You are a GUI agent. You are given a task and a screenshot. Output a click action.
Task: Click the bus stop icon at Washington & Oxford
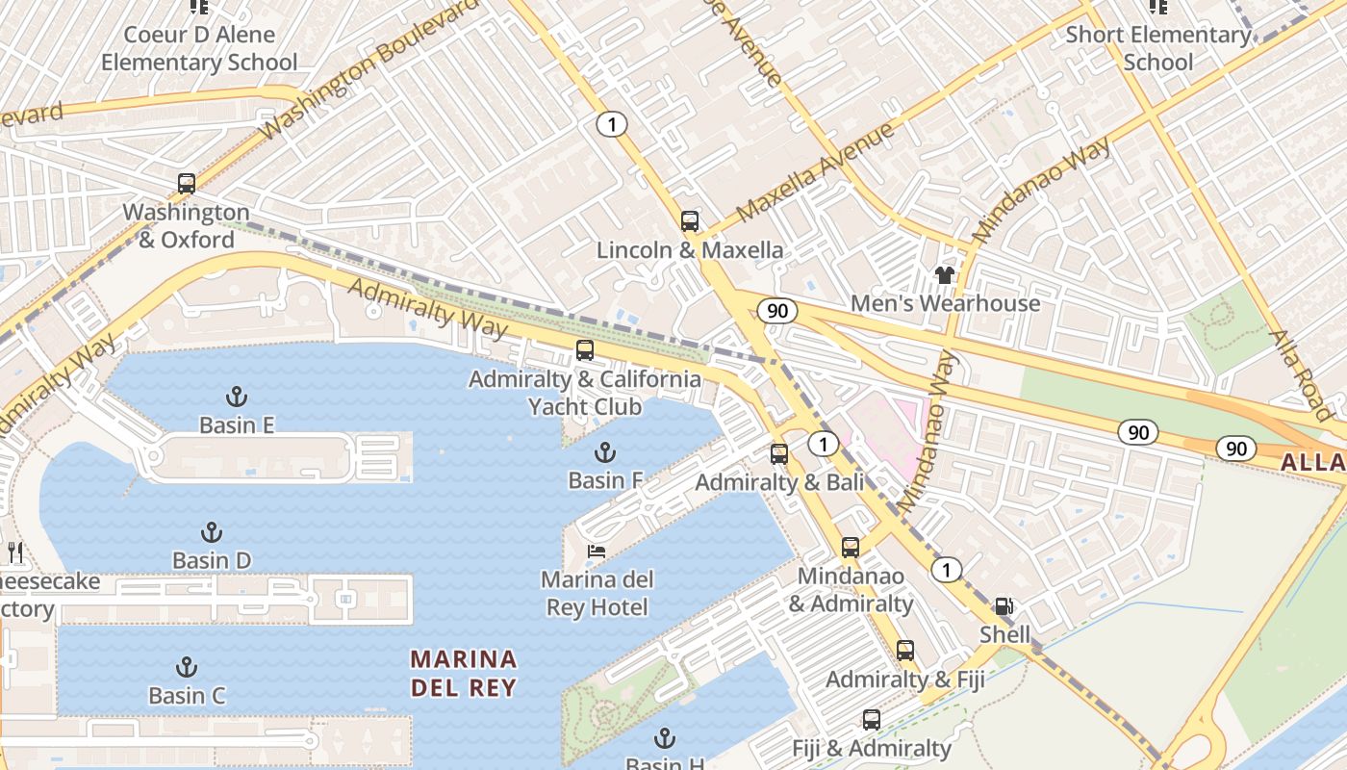(x=187, y=183)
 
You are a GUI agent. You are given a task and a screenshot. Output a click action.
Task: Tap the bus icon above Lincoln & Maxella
(x=689, y=221)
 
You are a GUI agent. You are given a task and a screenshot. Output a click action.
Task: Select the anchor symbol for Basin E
(x=236, y=396)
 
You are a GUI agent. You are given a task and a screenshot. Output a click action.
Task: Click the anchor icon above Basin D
(x=211, y=531)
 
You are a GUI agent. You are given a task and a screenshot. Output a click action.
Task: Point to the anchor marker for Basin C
(x=187, y=666)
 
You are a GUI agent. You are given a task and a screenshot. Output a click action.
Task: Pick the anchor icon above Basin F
(x=604, y=451)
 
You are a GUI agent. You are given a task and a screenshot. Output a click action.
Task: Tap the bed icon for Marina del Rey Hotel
(x=597, y=552)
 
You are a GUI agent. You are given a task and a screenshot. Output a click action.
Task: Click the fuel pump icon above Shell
(x=1004, y=606)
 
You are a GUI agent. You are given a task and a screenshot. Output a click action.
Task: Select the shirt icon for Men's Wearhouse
(x=945, y=275)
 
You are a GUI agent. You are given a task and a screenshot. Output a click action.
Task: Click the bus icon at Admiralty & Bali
(x=779, y=453)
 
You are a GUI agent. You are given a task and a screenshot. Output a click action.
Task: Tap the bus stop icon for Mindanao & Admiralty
(x=851, y=548)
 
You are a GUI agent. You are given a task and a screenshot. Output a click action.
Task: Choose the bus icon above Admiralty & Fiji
(x=904, y=651)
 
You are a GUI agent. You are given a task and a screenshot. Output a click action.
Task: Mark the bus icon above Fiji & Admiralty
(x=871, y=719)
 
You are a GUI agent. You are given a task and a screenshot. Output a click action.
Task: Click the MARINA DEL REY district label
(x=464, y=673)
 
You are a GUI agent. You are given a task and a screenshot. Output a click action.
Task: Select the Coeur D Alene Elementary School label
(x=199, y=49)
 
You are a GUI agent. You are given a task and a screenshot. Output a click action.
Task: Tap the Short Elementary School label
(x=1158, y=49)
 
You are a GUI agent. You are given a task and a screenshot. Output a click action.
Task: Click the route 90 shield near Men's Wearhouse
(x=775, y=310)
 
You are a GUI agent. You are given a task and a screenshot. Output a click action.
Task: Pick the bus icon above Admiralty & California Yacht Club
(x=584, y=350)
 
